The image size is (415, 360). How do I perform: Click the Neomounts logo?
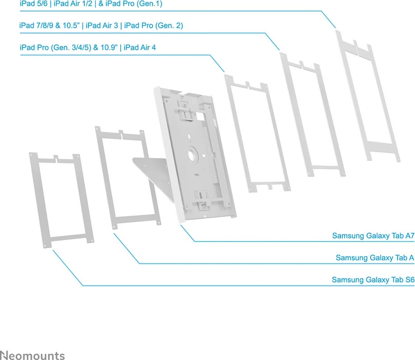point(32,355)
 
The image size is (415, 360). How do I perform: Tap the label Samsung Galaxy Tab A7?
point(373,236)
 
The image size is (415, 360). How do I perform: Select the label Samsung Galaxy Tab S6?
point(373,280)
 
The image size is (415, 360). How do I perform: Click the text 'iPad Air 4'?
point(140,47)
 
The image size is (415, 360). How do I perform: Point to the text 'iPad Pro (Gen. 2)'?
point(153,26)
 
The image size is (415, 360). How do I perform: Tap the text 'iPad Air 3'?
point(102,26)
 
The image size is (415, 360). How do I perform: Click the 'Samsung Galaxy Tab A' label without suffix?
point(375,258)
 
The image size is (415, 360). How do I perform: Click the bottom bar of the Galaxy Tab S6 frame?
point(70,237)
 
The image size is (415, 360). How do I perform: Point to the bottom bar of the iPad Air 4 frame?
point(268,185)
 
